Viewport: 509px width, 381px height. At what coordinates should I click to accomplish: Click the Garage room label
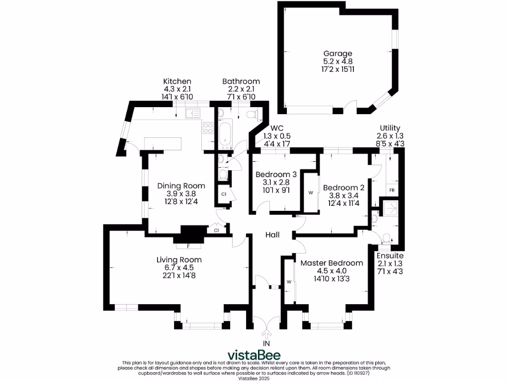[338, 54]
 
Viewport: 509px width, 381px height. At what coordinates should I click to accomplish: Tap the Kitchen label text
[177, 81]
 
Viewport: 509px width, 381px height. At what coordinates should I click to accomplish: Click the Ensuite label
[390, 255]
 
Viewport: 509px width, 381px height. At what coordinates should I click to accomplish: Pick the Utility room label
[390, 128]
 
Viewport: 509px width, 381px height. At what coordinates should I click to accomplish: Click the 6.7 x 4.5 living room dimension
[179, 267]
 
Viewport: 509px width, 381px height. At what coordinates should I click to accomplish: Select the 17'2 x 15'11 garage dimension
[338, 70]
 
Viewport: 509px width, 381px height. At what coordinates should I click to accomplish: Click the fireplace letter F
[188, 245]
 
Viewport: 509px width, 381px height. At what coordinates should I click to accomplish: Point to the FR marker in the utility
[392, 190]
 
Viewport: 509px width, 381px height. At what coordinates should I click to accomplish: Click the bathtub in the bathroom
[224, 133]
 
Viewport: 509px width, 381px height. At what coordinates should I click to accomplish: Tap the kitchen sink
[192, 114]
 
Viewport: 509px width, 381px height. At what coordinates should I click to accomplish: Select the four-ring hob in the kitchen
[208, 129]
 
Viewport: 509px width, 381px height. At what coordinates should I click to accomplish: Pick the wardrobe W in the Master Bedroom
[288, 282]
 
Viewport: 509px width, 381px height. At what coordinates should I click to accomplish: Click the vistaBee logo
[254, 355]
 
